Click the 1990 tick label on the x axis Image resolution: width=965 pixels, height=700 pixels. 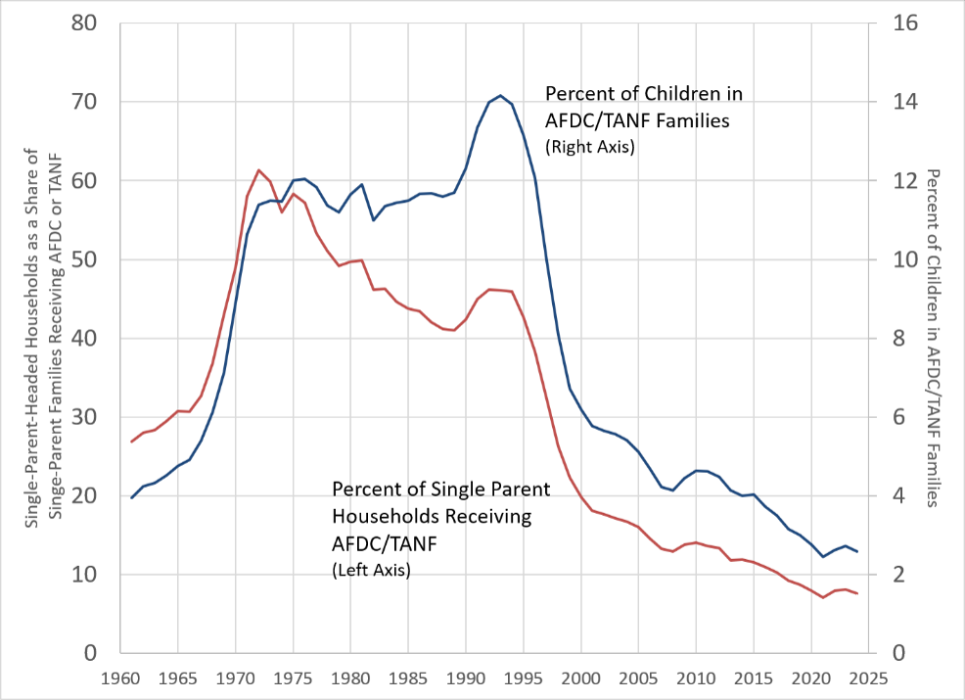(465, 678)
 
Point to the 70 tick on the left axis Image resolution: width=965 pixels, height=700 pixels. (84, 102)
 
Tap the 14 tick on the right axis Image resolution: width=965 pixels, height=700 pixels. (904, 102)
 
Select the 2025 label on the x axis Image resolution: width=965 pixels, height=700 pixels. (868, 678)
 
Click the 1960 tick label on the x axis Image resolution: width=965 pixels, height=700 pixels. (120, 678)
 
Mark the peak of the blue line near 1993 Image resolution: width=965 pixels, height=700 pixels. (500, 95)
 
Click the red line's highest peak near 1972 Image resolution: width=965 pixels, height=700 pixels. (258, 170)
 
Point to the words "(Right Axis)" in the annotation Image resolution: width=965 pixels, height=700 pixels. (589, 147)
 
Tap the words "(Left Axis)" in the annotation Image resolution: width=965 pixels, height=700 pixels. (371, 570)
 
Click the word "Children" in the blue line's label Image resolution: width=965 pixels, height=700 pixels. (679, 94)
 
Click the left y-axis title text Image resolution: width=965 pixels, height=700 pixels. (44, 338)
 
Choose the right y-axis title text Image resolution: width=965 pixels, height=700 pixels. (932, 338)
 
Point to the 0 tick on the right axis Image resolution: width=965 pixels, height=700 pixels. (898, 653)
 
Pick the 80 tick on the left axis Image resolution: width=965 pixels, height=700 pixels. (84, 23)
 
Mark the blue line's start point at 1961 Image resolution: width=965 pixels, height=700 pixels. (132, 497)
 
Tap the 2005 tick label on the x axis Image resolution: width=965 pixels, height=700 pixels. (638, 678)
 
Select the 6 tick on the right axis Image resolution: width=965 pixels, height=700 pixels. (898, 417)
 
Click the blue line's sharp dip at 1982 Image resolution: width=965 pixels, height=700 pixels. (374, 219)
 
